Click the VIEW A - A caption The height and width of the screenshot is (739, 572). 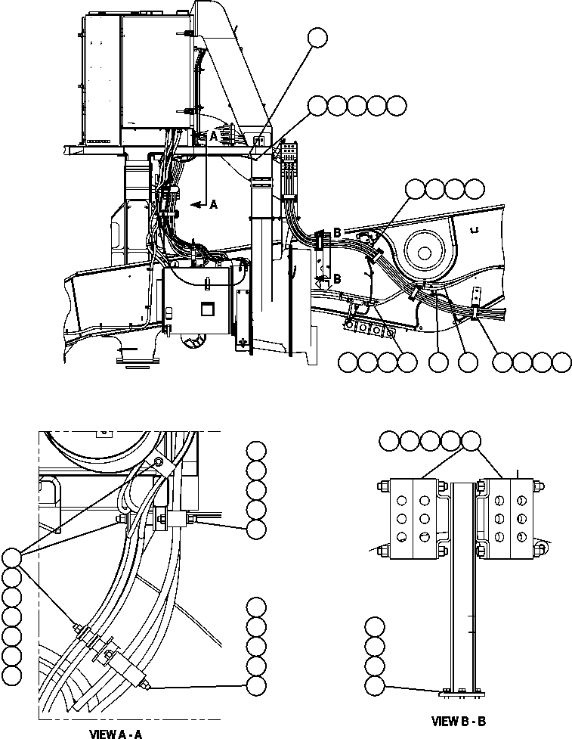[x=116, y=733]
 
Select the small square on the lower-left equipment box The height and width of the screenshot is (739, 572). [x=206, y=308]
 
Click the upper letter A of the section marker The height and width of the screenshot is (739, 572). [x=214, y=136]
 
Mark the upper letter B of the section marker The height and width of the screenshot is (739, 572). [x=337, y=232]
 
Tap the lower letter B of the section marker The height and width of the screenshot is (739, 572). [x=337, y=279]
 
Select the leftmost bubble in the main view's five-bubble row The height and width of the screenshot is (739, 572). [x=317, y=106]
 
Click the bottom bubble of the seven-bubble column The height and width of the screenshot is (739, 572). [x=11, y=673]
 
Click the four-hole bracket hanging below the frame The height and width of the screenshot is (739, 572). [x=369, y=329]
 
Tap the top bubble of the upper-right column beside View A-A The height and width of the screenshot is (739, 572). [x=256, y=451]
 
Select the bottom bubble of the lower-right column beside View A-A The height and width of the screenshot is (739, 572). [x=256, y=685]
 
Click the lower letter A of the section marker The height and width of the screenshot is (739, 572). [x=214, y=204]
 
